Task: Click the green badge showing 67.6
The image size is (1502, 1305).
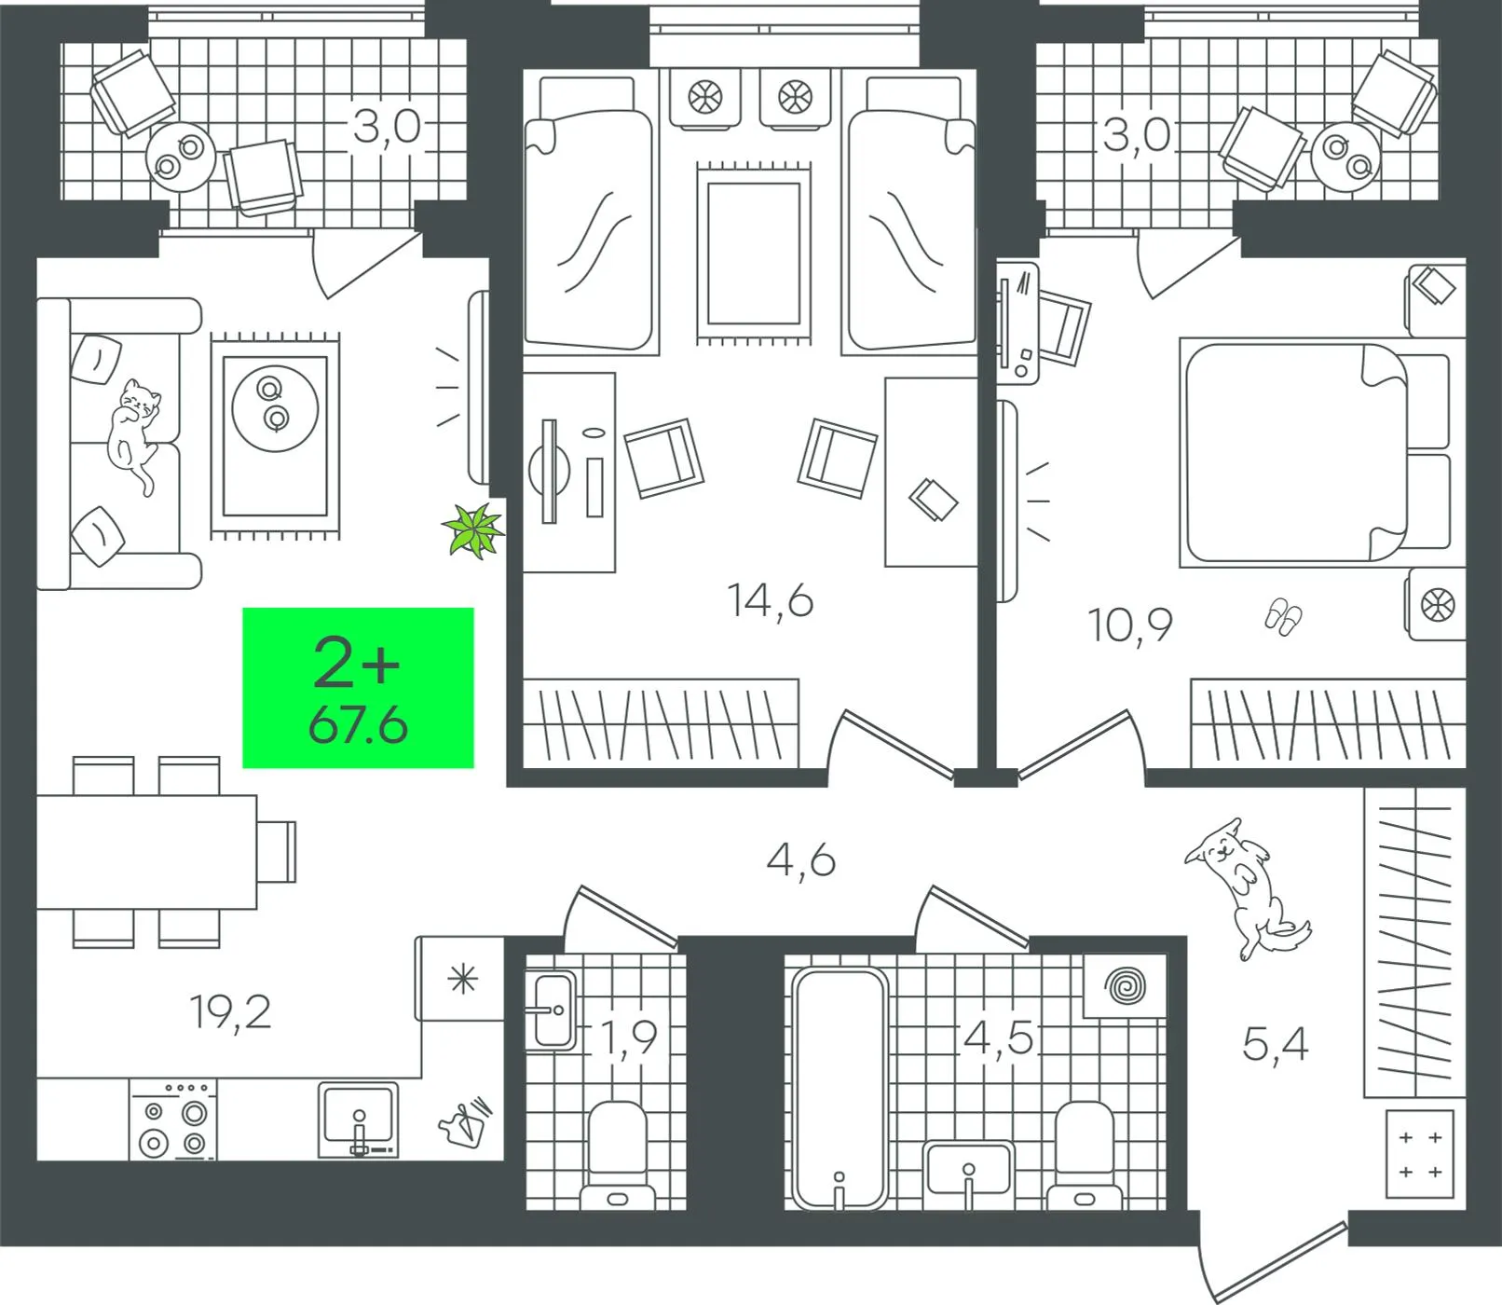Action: click(x=358, y=688)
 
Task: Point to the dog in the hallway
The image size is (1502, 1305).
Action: click(x=1246, y=886)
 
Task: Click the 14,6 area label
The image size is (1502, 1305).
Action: click(x=771, y=600)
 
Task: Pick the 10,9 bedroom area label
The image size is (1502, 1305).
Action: click(x=1130, y=625)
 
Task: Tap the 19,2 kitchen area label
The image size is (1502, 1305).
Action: click(x=230, y=1011)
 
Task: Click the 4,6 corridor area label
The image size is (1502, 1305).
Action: click(x=801, y=859)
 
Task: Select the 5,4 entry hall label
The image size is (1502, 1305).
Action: click(x=1276, y=1044)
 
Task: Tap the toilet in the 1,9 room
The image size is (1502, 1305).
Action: click(x=618, y=1155)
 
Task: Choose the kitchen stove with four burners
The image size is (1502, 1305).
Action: click(x=172, y=1120)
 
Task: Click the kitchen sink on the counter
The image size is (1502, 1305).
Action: click(x=359, y=1119)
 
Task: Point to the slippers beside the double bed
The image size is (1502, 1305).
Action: click(x=1283, y=616)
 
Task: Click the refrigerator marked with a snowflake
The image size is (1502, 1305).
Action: click(x=460, y=979)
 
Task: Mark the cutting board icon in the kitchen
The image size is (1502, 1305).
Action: click(x=465, y=1121)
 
